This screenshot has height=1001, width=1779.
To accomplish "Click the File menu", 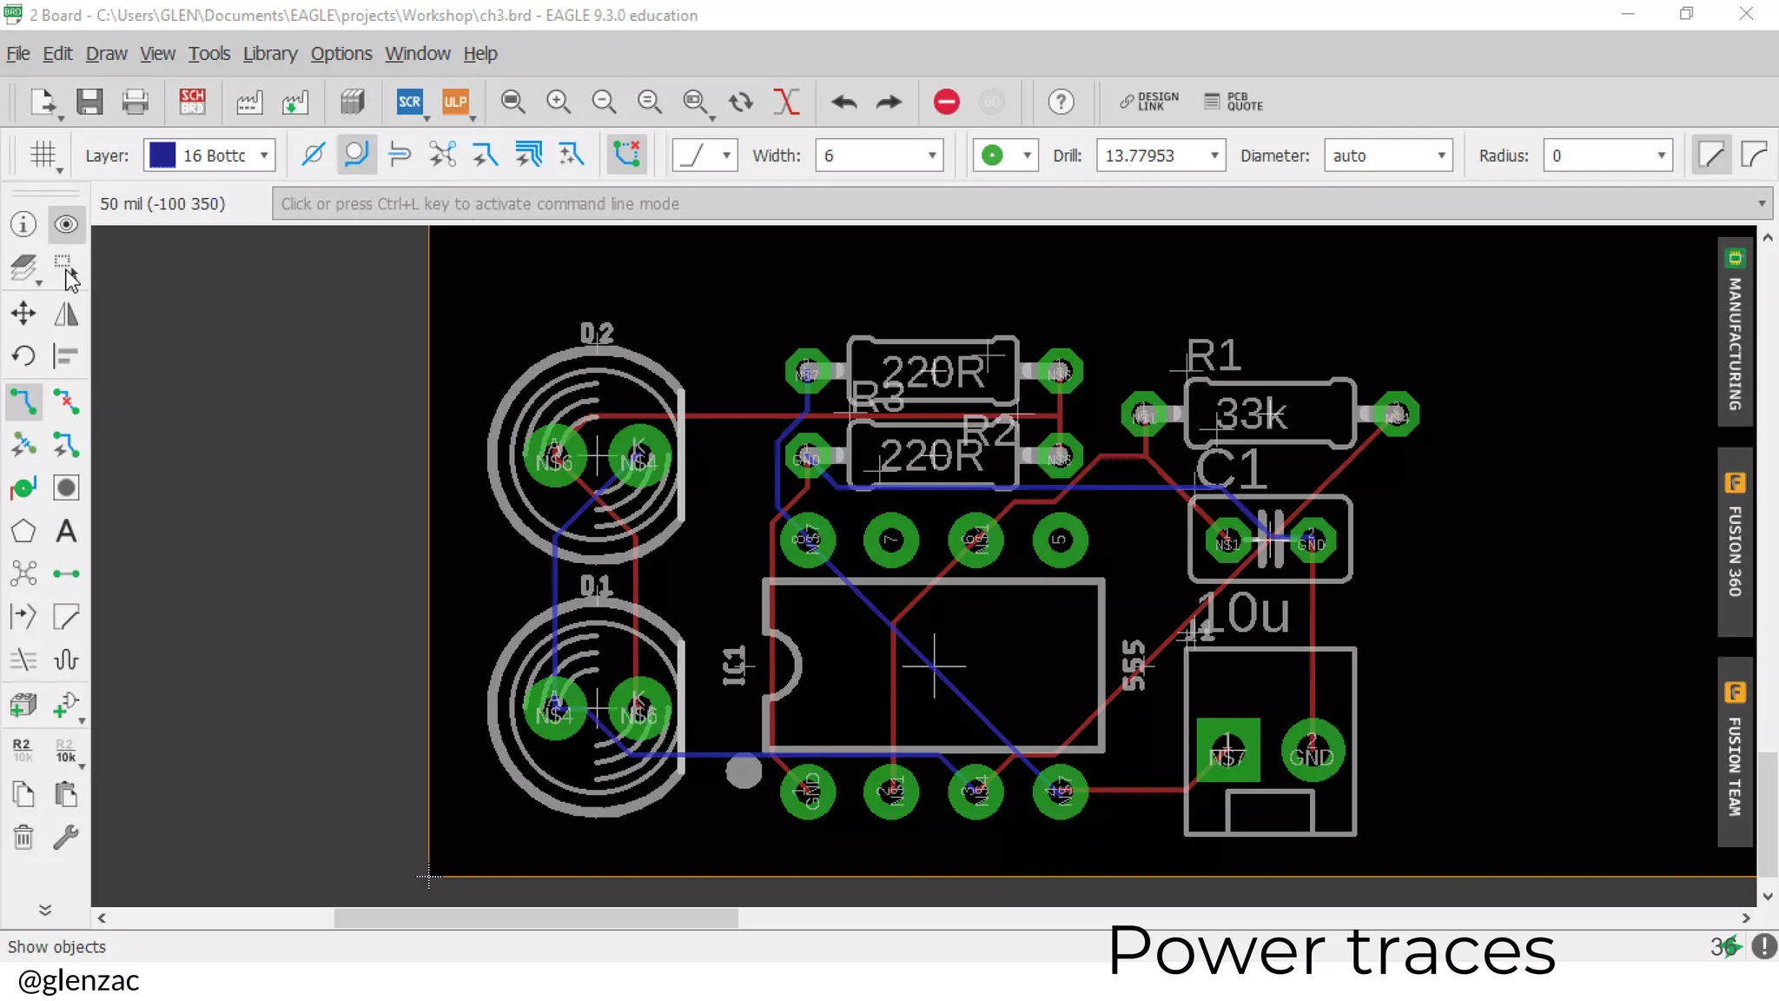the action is pos(18,54).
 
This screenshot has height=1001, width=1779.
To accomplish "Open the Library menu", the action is pos(269,54).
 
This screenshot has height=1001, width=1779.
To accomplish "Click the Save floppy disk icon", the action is pos(89,103).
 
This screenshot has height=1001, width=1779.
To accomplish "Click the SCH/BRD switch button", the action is pos(192,103).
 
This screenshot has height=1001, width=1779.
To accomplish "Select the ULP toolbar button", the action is pos(455,103).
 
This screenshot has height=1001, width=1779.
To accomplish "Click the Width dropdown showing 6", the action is pos(878,156).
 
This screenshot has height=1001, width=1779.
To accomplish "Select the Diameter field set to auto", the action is pos(1387,156).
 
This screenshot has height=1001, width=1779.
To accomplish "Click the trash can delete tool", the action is pos(23,838).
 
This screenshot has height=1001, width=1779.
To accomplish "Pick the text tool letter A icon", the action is pos(66,531).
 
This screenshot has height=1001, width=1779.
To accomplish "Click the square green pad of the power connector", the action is pos(1227,750).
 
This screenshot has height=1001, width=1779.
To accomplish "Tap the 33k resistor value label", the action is pos(1251,414).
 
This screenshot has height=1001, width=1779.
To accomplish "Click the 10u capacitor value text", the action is pos(1245,613).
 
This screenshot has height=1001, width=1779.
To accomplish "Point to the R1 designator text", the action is pos(1214,355).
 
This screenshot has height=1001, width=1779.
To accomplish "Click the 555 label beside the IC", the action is pos(1134,666).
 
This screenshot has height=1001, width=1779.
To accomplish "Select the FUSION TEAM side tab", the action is pos(1735,752).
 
